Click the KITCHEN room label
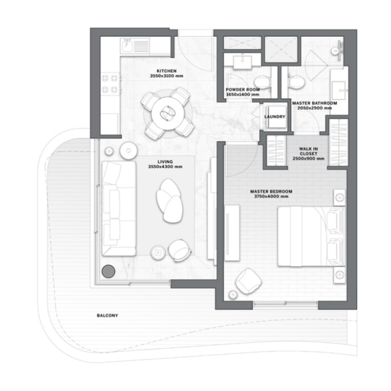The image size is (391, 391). click(166, 70)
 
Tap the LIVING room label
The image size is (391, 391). click(165, 161)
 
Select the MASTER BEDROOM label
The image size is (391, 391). click(270, 191)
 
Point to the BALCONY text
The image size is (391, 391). click(107, 315)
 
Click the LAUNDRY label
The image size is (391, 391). click(274, 117)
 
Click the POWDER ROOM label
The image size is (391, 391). click(242, 90)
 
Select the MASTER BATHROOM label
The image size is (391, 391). click(314, 104)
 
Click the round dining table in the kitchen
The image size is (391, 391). click(166, 112)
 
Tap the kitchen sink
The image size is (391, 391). click(127, 46)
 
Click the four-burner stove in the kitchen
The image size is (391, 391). click(110, 83)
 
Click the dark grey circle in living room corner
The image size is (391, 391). click(108, 271)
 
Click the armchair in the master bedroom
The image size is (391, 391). click(248, 281)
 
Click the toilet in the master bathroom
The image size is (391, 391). click(294, 82)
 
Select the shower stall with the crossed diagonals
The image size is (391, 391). click(281, 49)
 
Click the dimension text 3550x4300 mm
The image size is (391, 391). click(165, 167)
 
